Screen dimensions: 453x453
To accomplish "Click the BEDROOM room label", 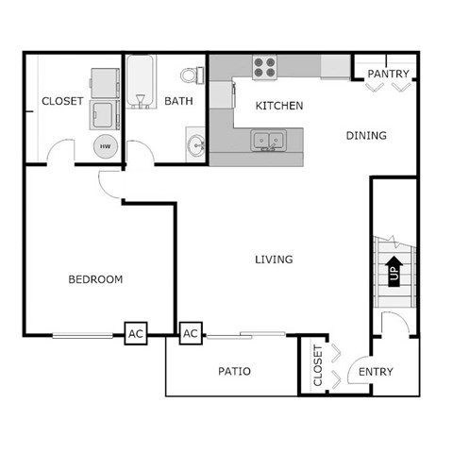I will coord(96,279).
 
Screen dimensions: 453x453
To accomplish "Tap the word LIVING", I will coord(274,259).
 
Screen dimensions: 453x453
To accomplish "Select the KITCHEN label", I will coord(280,106).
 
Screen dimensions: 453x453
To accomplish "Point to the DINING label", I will coord(366,135).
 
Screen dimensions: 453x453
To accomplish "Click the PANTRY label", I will coord(387,74).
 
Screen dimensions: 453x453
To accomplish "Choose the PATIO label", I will coord(233,372).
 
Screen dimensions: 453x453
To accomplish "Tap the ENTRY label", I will coord(376,372).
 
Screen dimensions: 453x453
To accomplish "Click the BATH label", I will coord(178,101).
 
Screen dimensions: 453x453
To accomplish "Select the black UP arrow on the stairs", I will coord(393,269).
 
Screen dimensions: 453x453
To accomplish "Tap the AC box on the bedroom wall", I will coord(136,333).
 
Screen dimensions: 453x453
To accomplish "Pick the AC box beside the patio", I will coord(191,333).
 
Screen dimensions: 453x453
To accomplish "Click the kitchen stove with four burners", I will coord(265,67).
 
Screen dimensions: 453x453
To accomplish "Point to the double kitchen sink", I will coord(268,142).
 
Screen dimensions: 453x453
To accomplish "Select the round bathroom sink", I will coord(197,145).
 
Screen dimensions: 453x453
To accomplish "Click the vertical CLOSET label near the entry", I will coord(317,366).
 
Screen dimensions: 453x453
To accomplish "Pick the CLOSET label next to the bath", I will coord(62,101).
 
